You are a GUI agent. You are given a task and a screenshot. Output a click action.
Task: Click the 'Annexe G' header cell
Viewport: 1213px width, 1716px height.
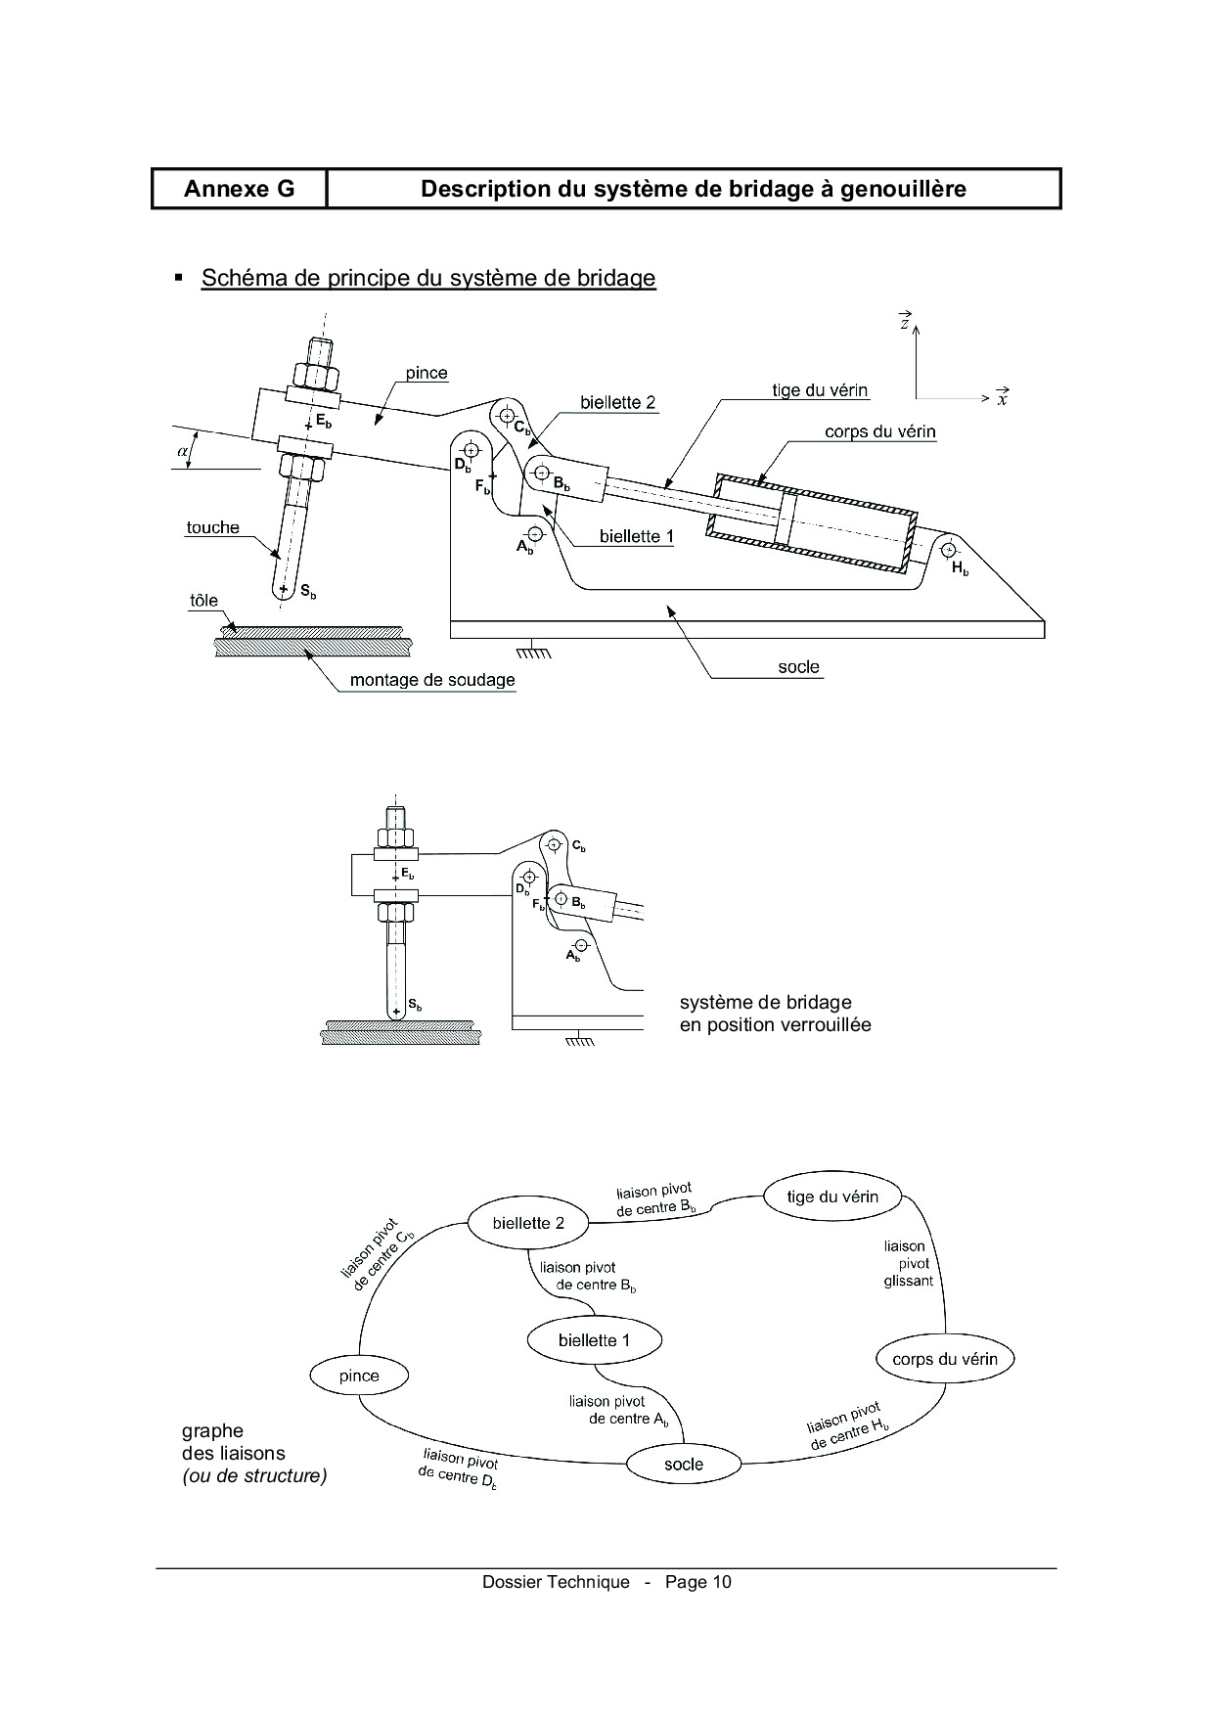point(239,189)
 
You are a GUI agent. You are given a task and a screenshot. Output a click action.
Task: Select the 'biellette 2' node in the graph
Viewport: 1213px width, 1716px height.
point(528,1222)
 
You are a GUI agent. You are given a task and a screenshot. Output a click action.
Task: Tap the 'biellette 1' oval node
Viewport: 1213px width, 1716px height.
point(594,1339)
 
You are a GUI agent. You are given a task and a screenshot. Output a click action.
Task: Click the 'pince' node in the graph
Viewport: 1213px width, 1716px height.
point(359,1375)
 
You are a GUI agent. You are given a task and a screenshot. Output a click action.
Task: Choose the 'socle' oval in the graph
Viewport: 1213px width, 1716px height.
point(684,1464)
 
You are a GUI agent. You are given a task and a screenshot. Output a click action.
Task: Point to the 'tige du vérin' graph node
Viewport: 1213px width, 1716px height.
point(832,1196)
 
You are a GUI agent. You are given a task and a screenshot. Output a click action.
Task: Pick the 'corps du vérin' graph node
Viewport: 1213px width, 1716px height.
point(945,1358)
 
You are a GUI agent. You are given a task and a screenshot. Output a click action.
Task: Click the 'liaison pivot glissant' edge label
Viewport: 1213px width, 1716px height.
point(907,1263)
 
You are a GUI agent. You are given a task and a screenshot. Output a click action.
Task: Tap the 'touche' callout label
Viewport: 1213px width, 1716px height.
point(213,527)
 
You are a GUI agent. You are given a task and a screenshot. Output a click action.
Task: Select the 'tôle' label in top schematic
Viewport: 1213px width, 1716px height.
point(203,601)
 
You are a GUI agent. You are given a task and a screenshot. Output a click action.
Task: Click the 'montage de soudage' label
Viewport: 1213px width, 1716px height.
point(432,680)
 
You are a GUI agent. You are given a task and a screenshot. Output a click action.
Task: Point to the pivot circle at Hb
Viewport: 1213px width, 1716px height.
point(947,549)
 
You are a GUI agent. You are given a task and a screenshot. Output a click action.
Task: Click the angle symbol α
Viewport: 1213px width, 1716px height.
point(181,451)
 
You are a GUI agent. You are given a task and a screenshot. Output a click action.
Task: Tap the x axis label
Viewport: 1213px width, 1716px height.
point(1003,398)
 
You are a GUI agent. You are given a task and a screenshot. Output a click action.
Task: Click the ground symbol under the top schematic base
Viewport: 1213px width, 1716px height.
point(534,649)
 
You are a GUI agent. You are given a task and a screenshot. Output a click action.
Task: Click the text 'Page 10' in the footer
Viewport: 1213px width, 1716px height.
point(698,1582)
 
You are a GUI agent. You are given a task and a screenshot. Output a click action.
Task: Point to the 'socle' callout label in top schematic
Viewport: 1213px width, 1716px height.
point(798,666)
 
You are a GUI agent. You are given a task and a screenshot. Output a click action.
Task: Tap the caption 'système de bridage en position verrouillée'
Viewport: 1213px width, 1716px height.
point(775,1014)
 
